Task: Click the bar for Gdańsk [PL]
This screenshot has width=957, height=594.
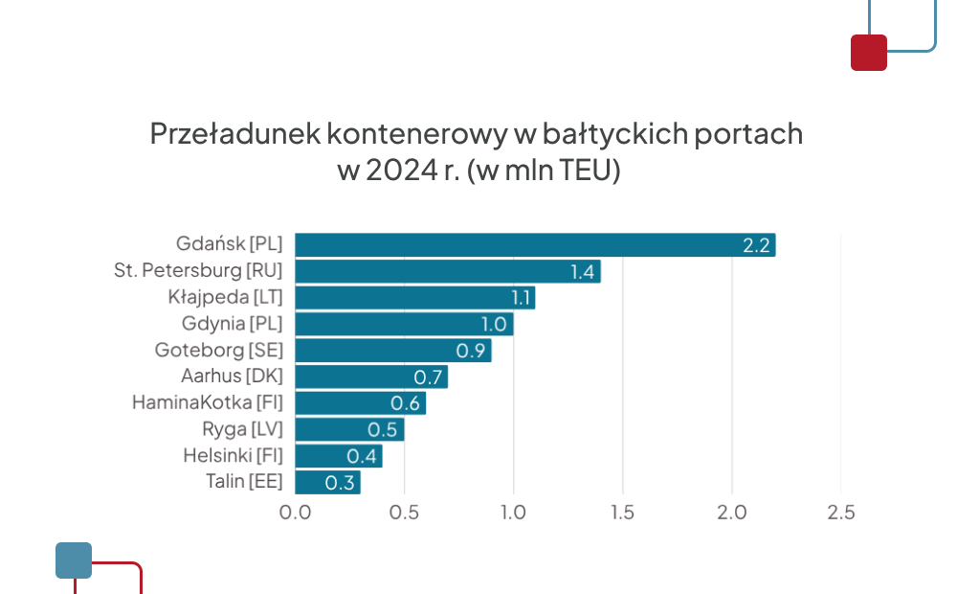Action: click(535, 245)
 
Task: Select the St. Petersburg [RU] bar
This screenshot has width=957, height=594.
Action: click(448, 271)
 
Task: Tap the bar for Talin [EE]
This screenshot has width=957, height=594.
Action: click(327, 482)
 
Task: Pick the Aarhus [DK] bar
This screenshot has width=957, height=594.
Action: click(371, 377)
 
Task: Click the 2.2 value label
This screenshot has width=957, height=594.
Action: click(756, 245)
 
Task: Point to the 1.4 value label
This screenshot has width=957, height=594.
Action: click(583, 272)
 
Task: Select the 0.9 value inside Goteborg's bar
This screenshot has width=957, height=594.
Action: click(471, 351)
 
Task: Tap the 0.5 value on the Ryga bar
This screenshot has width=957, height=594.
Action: click(383, 429)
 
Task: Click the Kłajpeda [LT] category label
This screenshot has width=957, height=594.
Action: click(225, 297)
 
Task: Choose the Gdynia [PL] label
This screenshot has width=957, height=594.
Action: click(232, 324)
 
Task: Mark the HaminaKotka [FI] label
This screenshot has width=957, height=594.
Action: click(208, 402)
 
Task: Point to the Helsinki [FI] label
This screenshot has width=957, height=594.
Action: click(233, 455)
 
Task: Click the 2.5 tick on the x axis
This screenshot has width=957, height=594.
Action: click(841, 513)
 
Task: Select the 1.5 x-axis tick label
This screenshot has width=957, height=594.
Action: click(623, 513)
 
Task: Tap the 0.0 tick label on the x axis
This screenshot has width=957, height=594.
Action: click(295, 513)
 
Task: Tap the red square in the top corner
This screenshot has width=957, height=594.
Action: click(869, 53)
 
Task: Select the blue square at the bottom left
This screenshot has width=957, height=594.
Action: click(74, 560)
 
